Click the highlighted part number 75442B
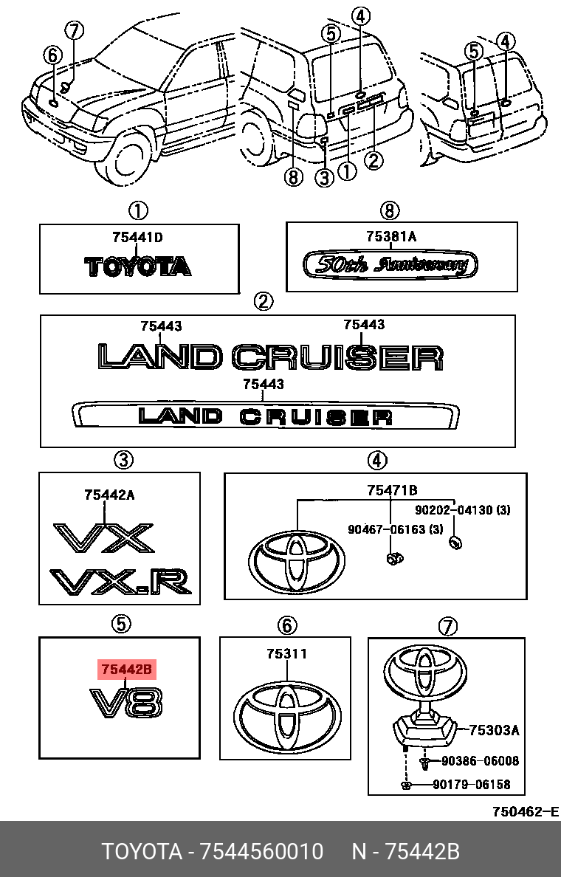(127, 670)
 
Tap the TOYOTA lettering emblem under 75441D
(138, 266)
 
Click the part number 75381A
(391, 236)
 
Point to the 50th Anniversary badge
(390, 264)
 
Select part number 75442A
(109, 495)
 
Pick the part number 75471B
(393, 489)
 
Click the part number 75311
(287, 654)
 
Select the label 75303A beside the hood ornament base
(495, 730)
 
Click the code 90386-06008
(480, 761)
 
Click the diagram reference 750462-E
(526, 812)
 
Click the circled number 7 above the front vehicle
(75, 31)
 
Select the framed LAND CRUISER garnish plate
(264, 416)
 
